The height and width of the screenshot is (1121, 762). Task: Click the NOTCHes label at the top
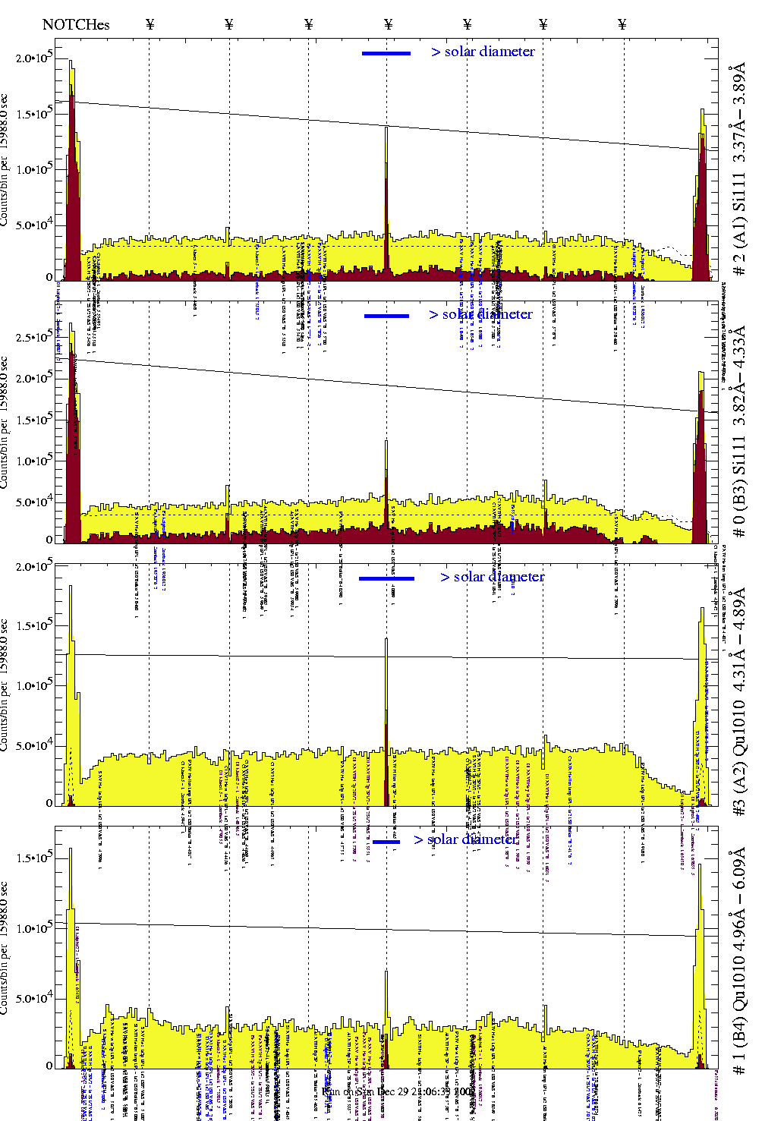(x=76, y=24)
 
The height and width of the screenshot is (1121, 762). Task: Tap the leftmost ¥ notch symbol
(x=150, y=24)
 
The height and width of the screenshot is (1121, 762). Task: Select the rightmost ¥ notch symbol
(x=622, y=24)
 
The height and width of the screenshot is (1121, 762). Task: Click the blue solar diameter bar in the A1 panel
(x=386, y=53)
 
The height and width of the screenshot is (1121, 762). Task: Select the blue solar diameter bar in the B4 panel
(x=386, y=842)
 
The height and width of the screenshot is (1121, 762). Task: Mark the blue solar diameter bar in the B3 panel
(x=386, y=316)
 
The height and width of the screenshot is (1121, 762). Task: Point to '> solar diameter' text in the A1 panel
(x=483, y=52)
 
